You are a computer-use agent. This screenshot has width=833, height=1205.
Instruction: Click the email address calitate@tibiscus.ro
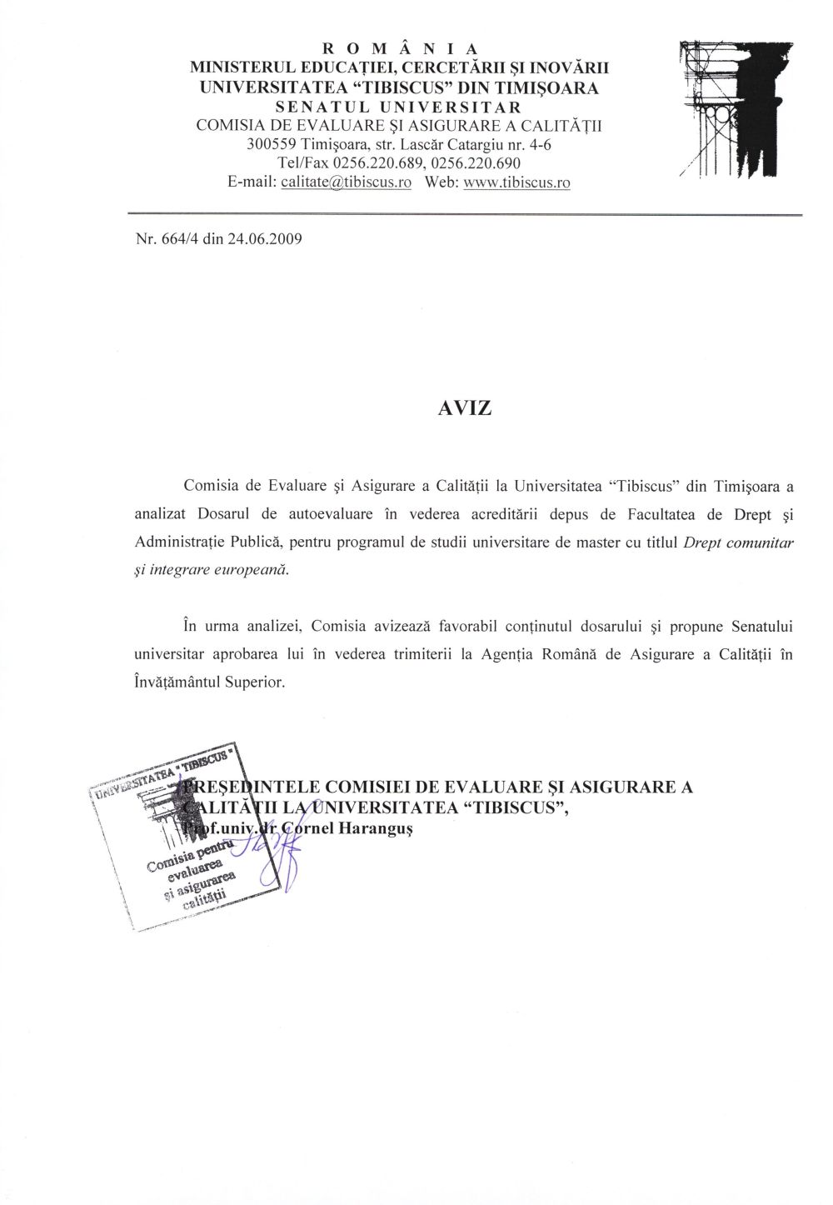347,182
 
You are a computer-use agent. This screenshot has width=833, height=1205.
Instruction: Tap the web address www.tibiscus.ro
516,182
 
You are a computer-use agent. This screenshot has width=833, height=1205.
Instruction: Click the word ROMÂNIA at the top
399,48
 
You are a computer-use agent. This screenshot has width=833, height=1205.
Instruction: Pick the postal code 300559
272,144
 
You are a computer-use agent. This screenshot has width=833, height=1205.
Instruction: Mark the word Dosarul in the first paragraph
224,514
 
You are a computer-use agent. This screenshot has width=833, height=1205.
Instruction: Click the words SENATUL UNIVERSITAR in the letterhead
399,107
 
